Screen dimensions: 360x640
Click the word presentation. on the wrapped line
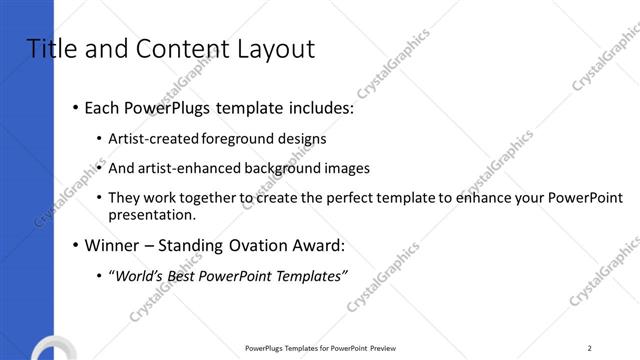(152, 214)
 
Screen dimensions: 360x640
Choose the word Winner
(113, 245)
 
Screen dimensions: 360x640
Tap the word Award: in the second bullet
(317, 245)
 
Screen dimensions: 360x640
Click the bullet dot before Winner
(75, 246)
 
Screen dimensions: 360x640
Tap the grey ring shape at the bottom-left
(48, 350)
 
